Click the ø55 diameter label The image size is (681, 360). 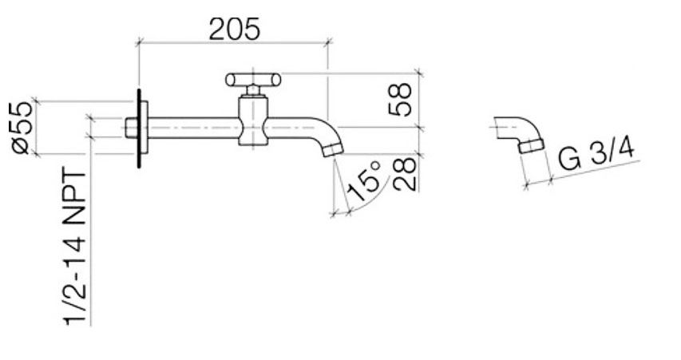pos(22,127)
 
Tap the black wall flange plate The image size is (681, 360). pos(141,128)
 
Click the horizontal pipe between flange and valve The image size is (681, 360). pos(192,128)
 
